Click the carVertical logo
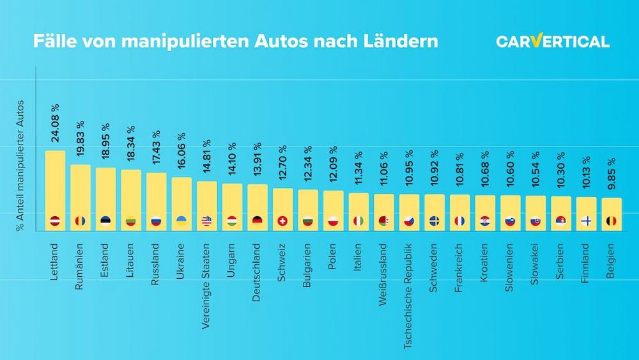tap(553, 42)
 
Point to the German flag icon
tap(258, 221)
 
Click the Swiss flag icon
tap(282, 221)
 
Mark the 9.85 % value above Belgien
tap(612, 173)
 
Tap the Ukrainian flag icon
tap(181, 221)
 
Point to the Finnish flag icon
tap(586, 221)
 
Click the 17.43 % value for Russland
tap(157, 148)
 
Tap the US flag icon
tap(206, 221)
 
